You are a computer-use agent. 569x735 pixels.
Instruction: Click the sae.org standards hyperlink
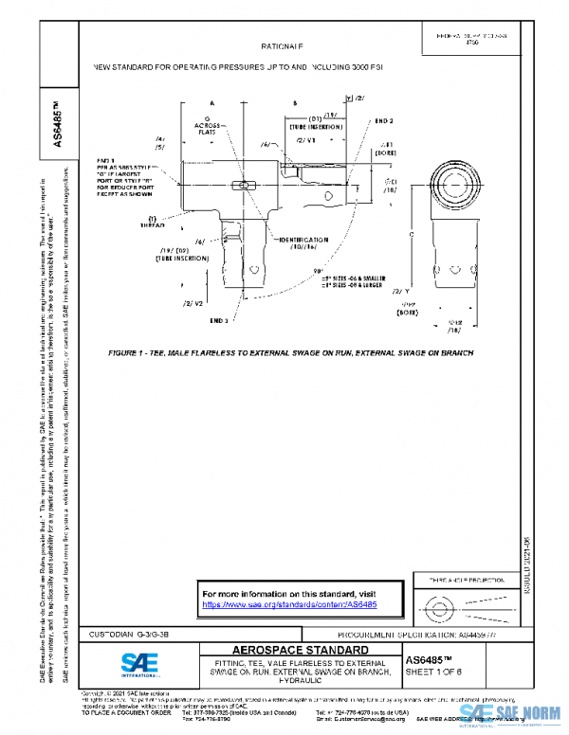click(290, 603)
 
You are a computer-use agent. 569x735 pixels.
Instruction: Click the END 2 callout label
click(383, 121)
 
